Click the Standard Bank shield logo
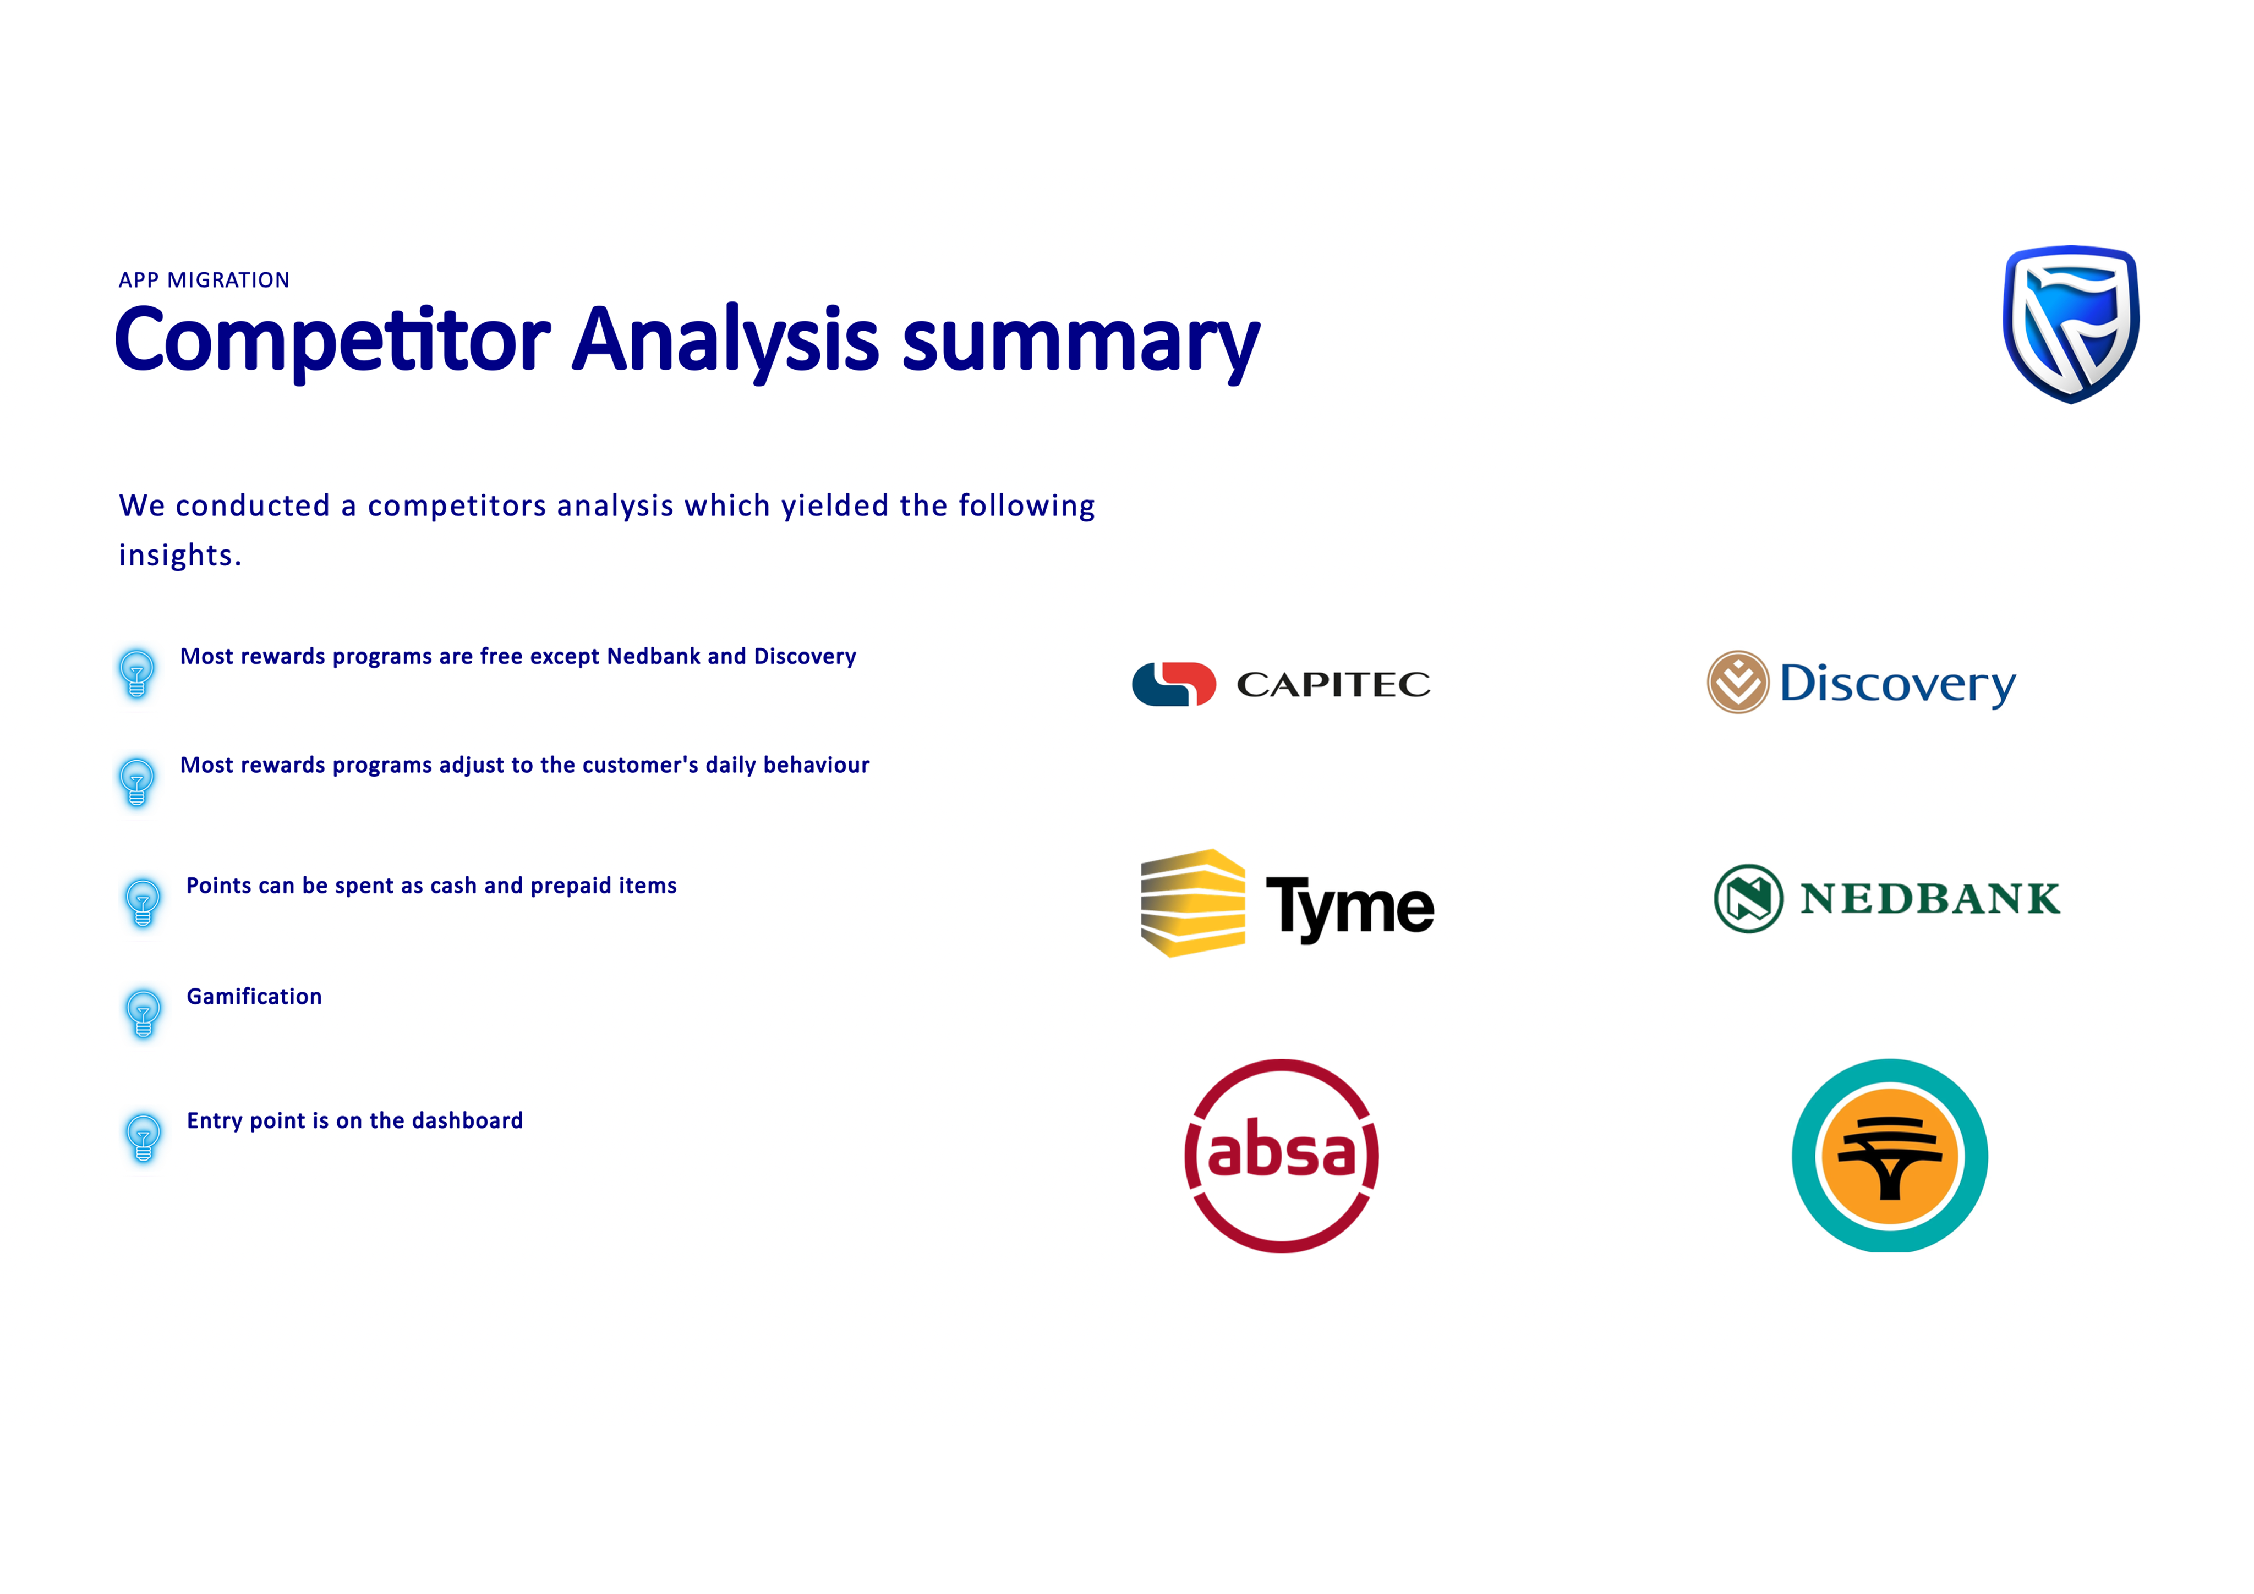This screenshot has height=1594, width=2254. pos(2071,324)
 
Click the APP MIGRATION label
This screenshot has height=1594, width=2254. pos(204,281)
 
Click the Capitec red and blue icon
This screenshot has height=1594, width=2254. pos(1174,684)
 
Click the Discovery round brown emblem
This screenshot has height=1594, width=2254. pos(1738,682)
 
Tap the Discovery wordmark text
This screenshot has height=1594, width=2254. pos(1897,684)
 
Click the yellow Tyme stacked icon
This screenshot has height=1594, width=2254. pos(1193,903)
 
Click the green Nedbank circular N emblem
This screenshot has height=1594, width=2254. pos(1748,898)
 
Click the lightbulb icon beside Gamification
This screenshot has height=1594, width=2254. pos(143,1012)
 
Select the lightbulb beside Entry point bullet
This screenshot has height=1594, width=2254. pos(143,1136)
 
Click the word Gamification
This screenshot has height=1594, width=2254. pos(254,996)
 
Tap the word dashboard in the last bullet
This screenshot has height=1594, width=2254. pos(467,1121)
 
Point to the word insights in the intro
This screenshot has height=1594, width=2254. pos(179,556)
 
